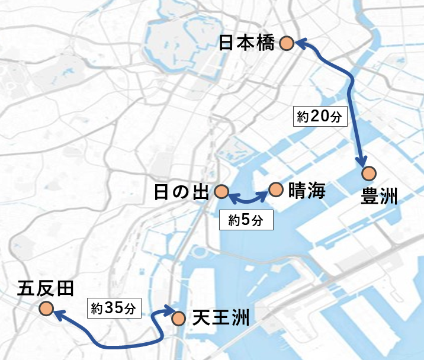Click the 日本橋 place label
click(x=246, y=43)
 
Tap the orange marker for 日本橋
click(x=287, y=43)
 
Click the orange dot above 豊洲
click(x=370, y=173)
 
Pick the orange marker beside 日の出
click(x=221, y=191)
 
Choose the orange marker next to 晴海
click(x=275, y=189)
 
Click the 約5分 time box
click(x=246, y=221)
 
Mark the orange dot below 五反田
click(x=46, y=308)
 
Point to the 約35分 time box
click(x=115, y=307)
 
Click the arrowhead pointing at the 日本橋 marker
click(x=300, y=43)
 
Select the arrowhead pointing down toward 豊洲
click(x=362, y=162)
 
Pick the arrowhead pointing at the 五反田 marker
click(x=60, y=317)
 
